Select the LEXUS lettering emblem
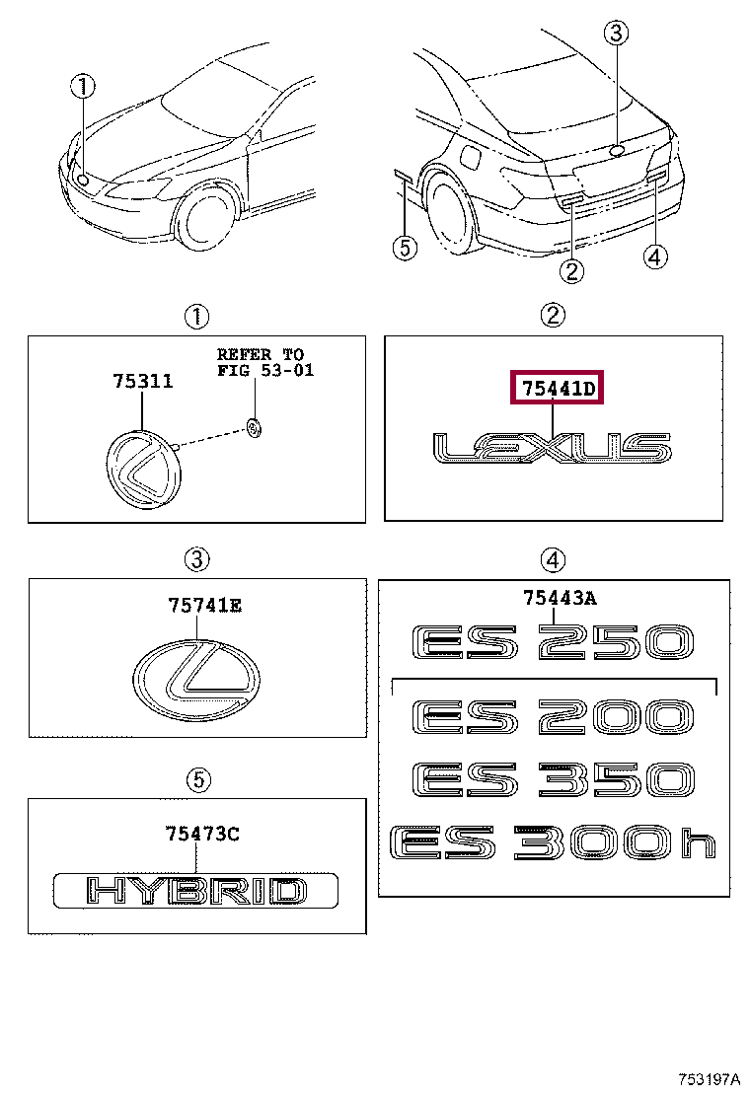pos(553,448)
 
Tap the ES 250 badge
pos(553,644)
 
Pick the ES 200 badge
pos(553,717)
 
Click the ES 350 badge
pos(553,780)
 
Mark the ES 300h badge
pos(553,843)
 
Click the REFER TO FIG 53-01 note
pos(261,362)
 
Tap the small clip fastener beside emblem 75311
pos(255,427)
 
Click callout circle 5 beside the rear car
pos(404,248)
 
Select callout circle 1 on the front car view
pos(83,87)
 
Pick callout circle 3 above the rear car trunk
pos(616,35)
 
